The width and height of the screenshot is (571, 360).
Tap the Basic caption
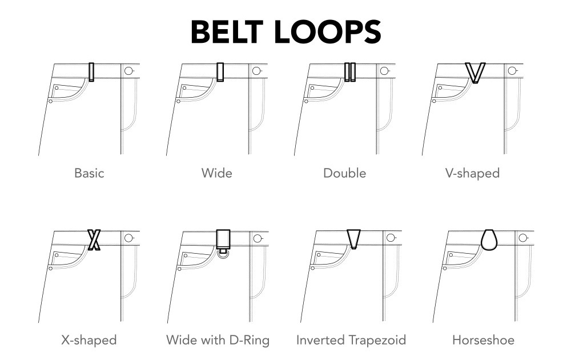click(x=89, y=173)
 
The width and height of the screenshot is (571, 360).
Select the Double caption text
click(x=344, y=173)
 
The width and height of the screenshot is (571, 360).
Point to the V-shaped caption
click(x=472, y=173)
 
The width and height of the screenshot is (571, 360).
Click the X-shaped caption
click(x=89, y=340)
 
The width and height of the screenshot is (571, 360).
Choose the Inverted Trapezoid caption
click(x=351, y=340)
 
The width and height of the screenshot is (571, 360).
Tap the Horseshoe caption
click(x=483, y=340)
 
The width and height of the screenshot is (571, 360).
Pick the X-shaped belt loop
click(x=94, y=239)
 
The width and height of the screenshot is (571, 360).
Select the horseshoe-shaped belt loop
click(x=489, y=239)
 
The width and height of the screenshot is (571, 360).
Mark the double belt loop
click(x=350, y=71)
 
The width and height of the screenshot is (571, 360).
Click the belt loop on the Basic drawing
click(x=91, y=71)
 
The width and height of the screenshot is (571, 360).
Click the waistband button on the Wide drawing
click(x=256, y=71)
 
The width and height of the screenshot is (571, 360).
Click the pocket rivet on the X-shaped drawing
click(x=51, y=268)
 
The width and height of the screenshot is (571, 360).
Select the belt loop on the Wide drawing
click(x=220, y=71)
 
